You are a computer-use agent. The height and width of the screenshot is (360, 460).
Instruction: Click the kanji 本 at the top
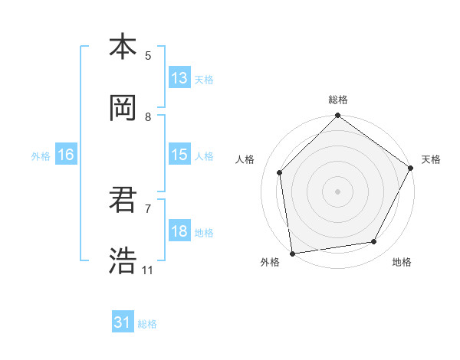[x=123, y=47]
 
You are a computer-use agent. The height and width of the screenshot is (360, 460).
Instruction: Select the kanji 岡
[x=123, y=108]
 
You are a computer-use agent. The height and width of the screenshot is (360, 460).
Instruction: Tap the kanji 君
[x=123, y=200]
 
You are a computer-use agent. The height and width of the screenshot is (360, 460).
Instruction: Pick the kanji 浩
[x=123, y=261]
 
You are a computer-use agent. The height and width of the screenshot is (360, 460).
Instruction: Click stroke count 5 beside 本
[x=148, y=55]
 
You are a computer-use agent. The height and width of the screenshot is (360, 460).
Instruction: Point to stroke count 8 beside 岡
[x=148, y=116]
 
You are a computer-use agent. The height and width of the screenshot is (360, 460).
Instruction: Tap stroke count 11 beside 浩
[x=147, y=270]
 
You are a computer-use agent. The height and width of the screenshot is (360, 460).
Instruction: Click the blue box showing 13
[x=179, y=77]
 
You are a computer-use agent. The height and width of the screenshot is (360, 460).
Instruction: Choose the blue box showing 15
[x=179, y=155]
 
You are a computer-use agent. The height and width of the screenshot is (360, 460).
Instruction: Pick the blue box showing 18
[x=179, y=231]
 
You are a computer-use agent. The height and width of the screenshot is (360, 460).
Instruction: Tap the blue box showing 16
[x=66, y=155]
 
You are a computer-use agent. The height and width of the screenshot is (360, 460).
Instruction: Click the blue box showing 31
[x=123, y=322]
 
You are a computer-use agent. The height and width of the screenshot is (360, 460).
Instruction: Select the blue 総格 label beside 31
[x=147, y=324]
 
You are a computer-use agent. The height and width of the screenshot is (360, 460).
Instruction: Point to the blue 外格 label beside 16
[x=41, y=156]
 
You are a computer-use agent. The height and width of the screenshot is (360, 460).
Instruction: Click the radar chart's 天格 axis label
[x=431, y=159]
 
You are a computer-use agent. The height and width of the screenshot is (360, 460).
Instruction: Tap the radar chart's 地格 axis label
[x=402, y=262]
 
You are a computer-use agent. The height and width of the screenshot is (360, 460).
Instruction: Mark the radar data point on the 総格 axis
[x=337, y=117]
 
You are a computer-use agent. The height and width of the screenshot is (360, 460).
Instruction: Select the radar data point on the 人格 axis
[x=280, y=172]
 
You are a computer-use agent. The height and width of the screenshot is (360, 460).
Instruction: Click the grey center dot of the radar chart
[x=337, y=191]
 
